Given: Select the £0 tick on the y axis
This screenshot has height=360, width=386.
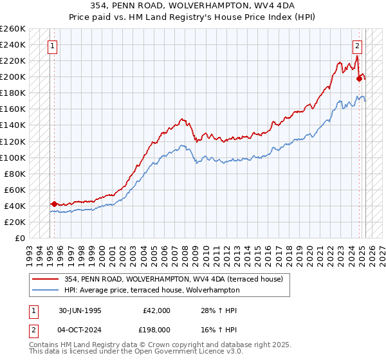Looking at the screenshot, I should pos(21,238).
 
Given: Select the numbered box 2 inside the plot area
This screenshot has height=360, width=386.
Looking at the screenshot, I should pos(357,46).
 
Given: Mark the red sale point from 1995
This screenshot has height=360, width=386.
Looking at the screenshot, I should pos(54,204).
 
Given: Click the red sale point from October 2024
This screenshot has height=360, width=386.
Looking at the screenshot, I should pos(359,78).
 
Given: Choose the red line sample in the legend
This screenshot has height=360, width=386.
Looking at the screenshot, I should pos(46,278).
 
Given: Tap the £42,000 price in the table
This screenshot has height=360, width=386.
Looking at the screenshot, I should pos(157,310).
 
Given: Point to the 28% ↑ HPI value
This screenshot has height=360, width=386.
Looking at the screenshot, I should pos(219,310).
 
